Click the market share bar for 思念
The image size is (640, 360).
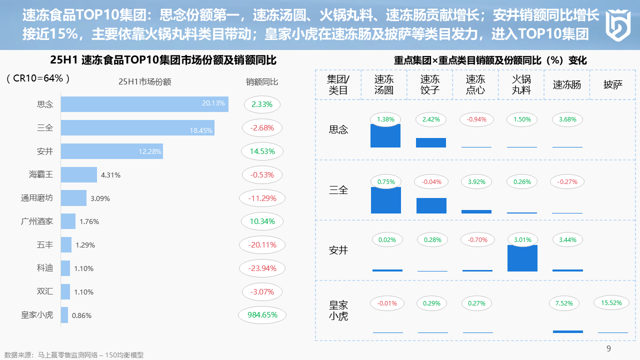coord(144,104)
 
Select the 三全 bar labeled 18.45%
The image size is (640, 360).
coord(137,127)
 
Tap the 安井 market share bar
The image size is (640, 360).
coord(111,151)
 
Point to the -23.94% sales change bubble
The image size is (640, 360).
coord(262,268)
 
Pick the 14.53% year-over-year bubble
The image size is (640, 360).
coord(262,151)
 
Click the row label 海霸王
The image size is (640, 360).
coord(41,174)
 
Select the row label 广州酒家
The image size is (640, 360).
coord(37,221)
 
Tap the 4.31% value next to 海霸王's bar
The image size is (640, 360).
coord(110,175)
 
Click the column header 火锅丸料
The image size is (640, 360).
coord(521,84)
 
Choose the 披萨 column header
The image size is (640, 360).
coord(612,84)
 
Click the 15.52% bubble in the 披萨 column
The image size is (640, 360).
coord(612,302)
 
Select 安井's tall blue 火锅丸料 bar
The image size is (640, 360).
coord(522,258)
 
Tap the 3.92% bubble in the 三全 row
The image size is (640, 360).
coord(476,182)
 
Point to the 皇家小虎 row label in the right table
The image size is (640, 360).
coord(338,310)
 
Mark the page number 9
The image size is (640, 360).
coord(608,348)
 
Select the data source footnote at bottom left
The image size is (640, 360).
coord(73,355)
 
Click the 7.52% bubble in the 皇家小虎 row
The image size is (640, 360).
coord(567,303)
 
